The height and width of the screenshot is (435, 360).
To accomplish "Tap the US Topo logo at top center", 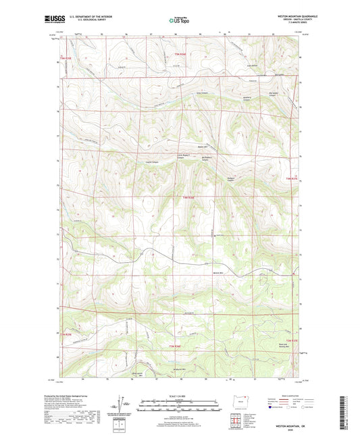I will tap(179, 20).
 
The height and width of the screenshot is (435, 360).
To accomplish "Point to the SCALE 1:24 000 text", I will tap(180, 395).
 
